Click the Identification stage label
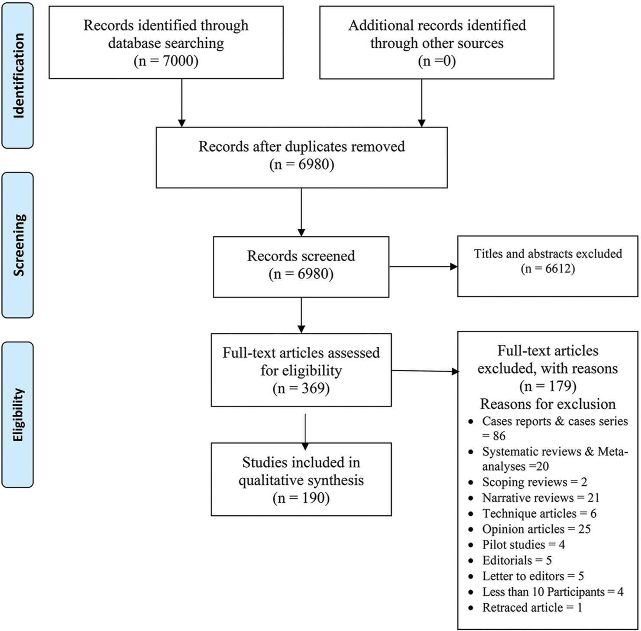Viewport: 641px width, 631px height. click(x=18, y=76)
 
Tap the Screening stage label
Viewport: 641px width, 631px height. click(x=18, y=245)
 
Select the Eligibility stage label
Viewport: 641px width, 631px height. click(x=18, y=415)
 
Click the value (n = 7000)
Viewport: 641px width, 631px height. click(x=166, y=61)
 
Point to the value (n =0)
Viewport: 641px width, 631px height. click(x=437, y=61)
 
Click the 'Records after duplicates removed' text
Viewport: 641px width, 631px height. click(x=301, y=146)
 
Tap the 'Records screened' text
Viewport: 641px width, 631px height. click(x=301, y=256)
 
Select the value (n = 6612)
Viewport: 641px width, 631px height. click(x=548, y=269)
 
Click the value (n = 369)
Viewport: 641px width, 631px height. click(x=301, y=388)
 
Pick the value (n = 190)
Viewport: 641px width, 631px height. click(x=301, y=498)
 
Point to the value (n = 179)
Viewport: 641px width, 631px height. click(x=548, y=386)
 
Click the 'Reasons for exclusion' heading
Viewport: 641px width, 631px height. click(x=548, y=404)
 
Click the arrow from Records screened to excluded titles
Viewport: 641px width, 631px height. click(x=424, y=267)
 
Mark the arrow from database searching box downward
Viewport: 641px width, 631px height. click(x=182, y=103)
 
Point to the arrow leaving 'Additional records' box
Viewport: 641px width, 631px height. click(x=421, y=103)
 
